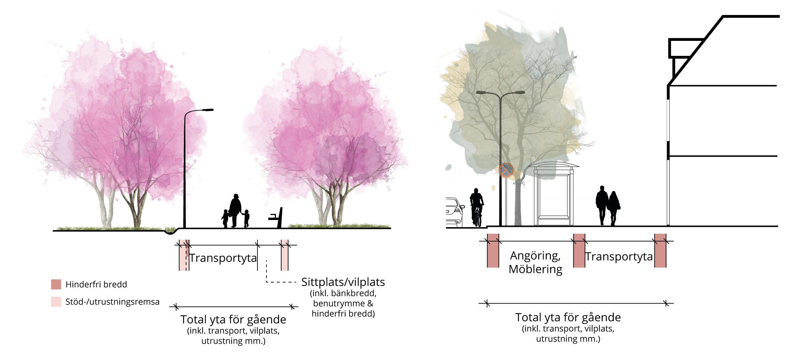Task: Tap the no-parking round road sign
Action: point(506,170)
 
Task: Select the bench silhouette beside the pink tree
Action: point(277,218)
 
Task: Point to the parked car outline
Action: point(454,212)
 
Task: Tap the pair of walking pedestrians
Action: point(607,205)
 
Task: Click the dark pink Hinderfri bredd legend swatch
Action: point(56,284)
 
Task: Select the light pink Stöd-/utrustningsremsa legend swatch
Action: point(56,302)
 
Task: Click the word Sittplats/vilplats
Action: point(343,282)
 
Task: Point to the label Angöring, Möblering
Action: point(536,262)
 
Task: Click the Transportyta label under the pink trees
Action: point(223,258)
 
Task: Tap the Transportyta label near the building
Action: point(619,256)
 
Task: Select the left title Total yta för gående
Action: point(233,319)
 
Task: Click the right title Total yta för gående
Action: point(568,317)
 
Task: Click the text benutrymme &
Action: point(343,303)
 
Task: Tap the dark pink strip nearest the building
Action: point(660,251)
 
